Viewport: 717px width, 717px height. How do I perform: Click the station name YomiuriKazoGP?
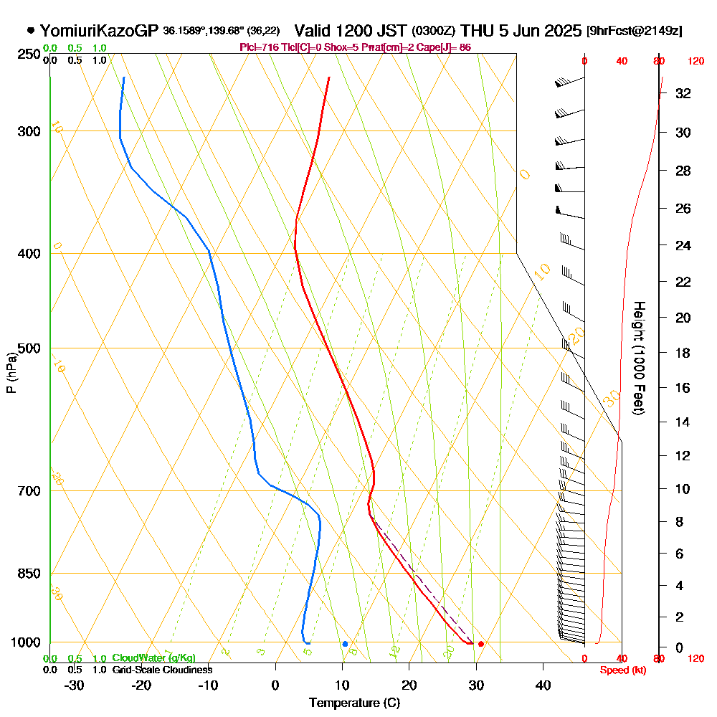point(100,31)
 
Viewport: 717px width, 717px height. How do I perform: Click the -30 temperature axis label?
point(75,685)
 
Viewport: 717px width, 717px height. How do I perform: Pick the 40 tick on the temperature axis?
point(543,685)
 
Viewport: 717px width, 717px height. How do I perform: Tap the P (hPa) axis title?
point(11,373)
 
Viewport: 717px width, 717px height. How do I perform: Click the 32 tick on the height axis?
point(683,93)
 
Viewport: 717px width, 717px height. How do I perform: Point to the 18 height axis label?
point(683,353)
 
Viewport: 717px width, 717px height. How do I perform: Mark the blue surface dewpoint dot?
point(345,644)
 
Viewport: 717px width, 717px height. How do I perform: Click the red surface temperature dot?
point(481,644)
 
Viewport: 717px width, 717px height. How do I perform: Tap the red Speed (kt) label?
point(623,670)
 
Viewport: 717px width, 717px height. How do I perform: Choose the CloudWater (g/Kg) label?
point(153,658)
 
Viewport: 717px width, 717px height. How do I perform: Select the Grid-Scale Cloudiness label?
point(161,670)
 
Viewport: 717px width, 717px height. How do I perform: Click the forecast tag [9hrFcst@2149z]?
point(634,31)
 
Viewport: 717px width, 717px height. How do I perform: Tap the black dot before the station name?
point(31,30)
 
